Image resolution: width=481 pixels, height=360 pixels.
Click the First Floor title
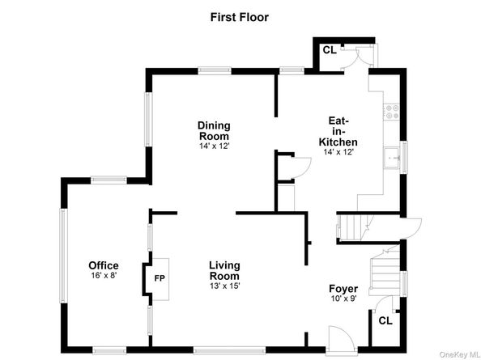239,17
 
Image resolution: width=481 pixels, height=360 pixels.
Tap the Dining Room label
214,131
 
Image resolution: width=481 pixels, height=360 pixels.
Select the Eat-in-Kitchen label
338,131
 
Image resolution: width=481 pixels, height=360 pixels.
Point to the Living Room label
224,270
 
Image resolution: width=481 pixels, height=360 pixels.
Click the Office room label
104,265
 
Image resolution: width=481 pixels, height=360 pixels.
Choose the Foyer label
343,289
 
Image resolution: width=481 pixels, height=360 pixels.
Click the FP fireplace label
160,278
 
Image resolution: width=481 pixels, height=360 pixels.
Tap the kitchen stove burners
393,112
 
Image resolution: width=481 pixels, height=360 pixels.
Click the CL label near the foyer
385,321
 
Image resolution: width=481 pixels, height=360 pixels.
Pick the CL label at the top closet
330,50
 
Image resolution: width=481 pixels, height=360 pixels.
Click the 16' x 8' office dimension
104,275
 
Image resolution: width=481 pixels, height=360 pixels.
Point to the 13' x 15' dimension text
224,286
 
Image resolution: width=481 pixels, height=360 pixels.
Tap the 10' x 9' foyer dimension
343,298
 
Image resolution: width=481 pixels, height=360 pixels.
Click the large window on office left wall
63,256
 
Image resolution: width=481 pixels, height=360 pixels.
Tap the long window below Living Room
229,350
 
